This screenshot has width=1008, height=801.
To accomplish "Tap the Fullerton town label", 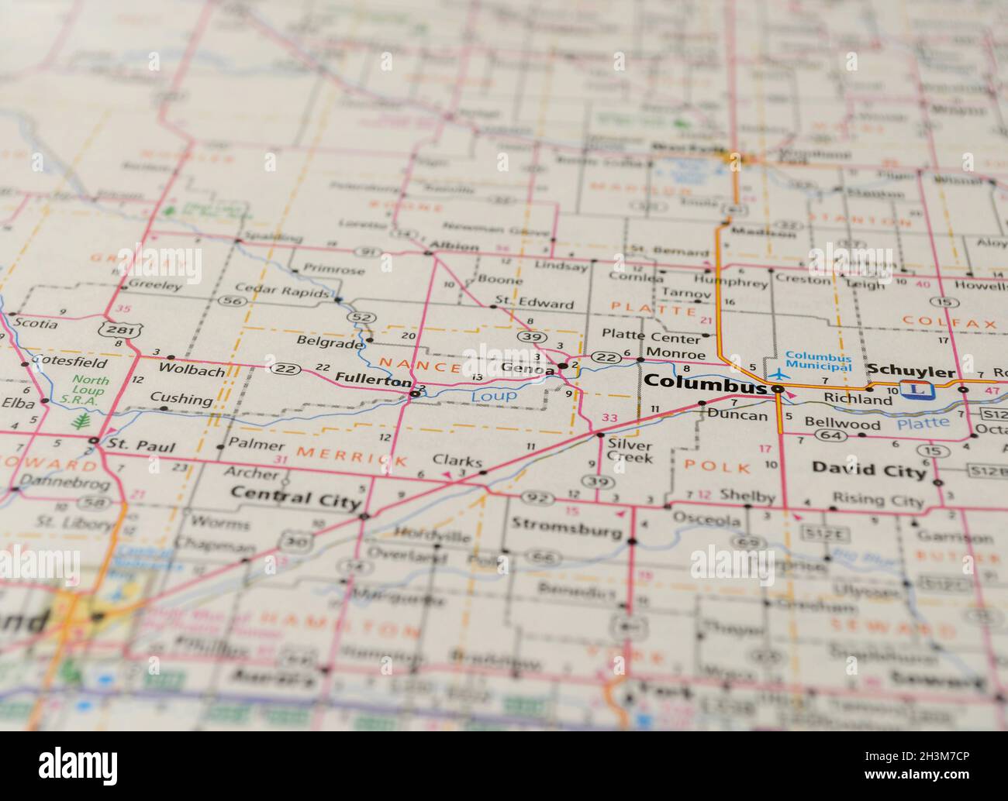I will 373,380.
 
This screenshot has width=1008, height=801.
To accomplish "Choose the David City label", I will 868,469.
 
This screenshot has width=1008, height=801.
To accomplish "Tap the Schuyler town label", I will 910,371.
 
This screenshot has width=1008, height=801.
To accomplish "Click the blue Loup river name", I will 494,396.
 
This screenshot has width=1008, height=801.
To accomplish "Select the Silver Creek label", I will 630,451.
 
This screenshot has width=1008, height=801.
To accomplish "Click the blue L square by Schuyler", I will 917,390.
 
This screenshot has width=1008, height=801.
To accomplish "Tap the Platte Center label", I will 651,335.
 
